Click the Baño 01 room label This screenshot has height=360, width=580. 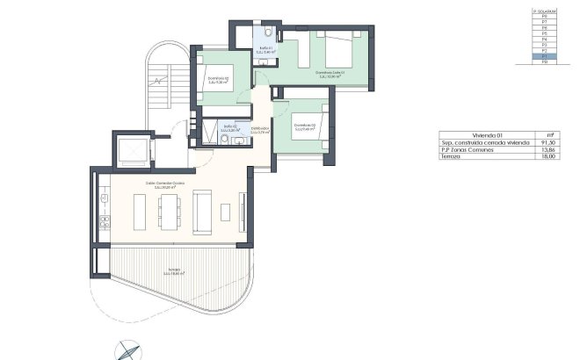(x=265, y=51)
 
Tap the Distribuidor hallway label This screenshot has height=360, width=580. (x=259, y=132)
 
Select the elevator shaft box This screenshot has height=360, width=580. (x=132, y=149)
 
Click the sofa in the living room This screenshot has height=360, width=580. (x=201, y=212)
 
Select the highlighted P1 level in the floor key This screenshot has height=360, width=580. (x=545, y=56)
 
